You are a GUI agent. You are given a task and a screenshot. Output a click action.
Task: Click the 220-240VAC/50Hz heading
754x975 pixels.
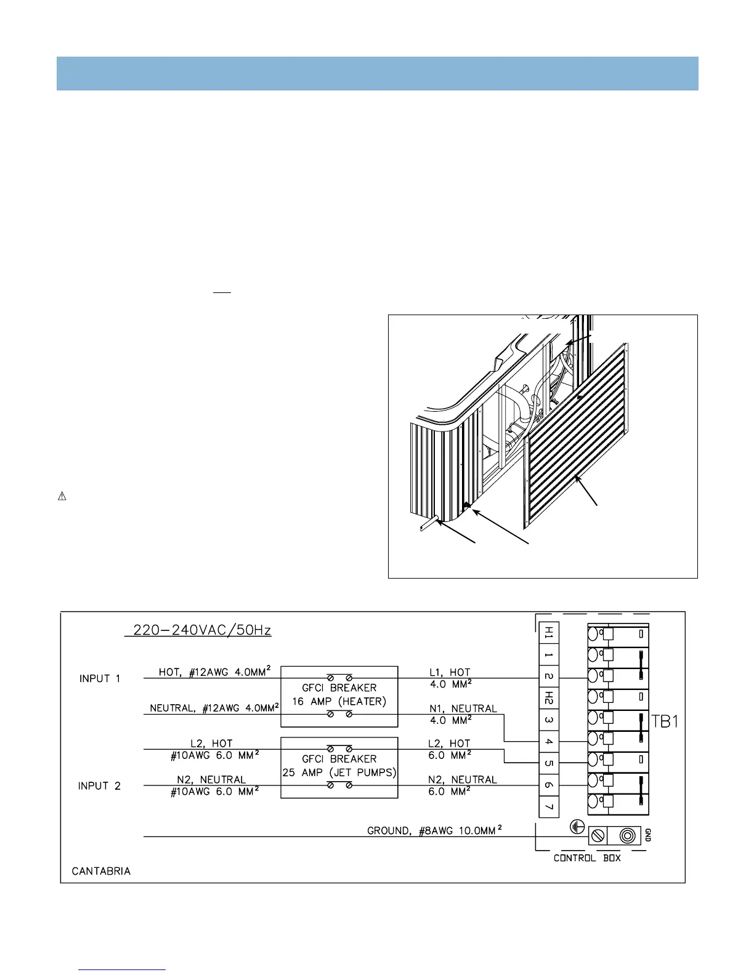pyautogui.click(x=198, y=631)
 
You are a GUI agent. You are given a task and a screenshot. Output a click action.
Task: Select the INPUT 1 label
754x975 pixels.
pyautogui.click(x=100, y=678)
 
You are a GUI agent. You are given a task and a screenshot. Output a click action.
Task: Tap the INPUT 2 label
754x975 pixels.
pyautogui.click(x=100, y=786)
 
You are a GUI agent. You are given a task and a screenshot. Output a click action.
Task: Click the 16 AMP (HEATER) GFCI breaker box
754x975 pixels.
pyautogui.click(x=339, y=695)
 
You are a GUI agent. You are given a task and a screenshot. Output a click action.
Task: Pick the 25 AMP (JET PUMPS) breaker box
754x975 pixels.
pyautogui.click(x=339, y=766)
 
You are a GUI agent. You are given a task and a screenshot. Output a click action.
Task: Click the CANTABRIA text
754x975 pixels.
pyautogui.click(x=101, y=871)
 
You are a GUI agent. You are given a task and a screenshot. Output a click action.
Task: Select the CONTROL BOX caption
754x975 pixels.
pyautogui.click(x=587, y=858)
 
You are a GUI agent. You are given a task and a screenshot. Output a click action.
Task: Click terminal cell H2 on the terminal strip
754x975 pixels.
pyautogui.click(x=549, y=698)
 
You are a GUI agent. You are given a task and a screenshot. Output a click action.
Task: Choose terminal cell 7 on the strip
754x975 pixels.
pyautogui.click(x=549, y=806)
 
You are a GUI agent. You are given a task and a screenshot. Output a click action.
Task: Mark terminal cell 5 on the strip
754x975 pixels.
pyautogui.click(x=549, y=763)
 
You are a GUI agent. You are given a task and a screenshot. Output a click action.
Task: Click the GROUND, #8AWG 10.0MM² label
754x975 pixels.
pyautogui.click(x=434, y=830)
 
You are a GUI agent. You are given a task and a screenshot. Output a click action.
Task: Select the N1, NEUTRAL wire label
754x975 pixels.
pyautogui.click(x=463, y=708)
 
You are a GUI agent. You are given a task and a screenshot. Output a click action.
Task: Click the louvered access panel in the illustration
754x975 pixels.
pyautogui.click(x=576, y=437)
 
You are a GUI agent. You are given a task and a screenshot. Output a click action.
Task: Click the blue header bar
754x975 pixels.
pyautogui.click(x=377, y=73)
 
